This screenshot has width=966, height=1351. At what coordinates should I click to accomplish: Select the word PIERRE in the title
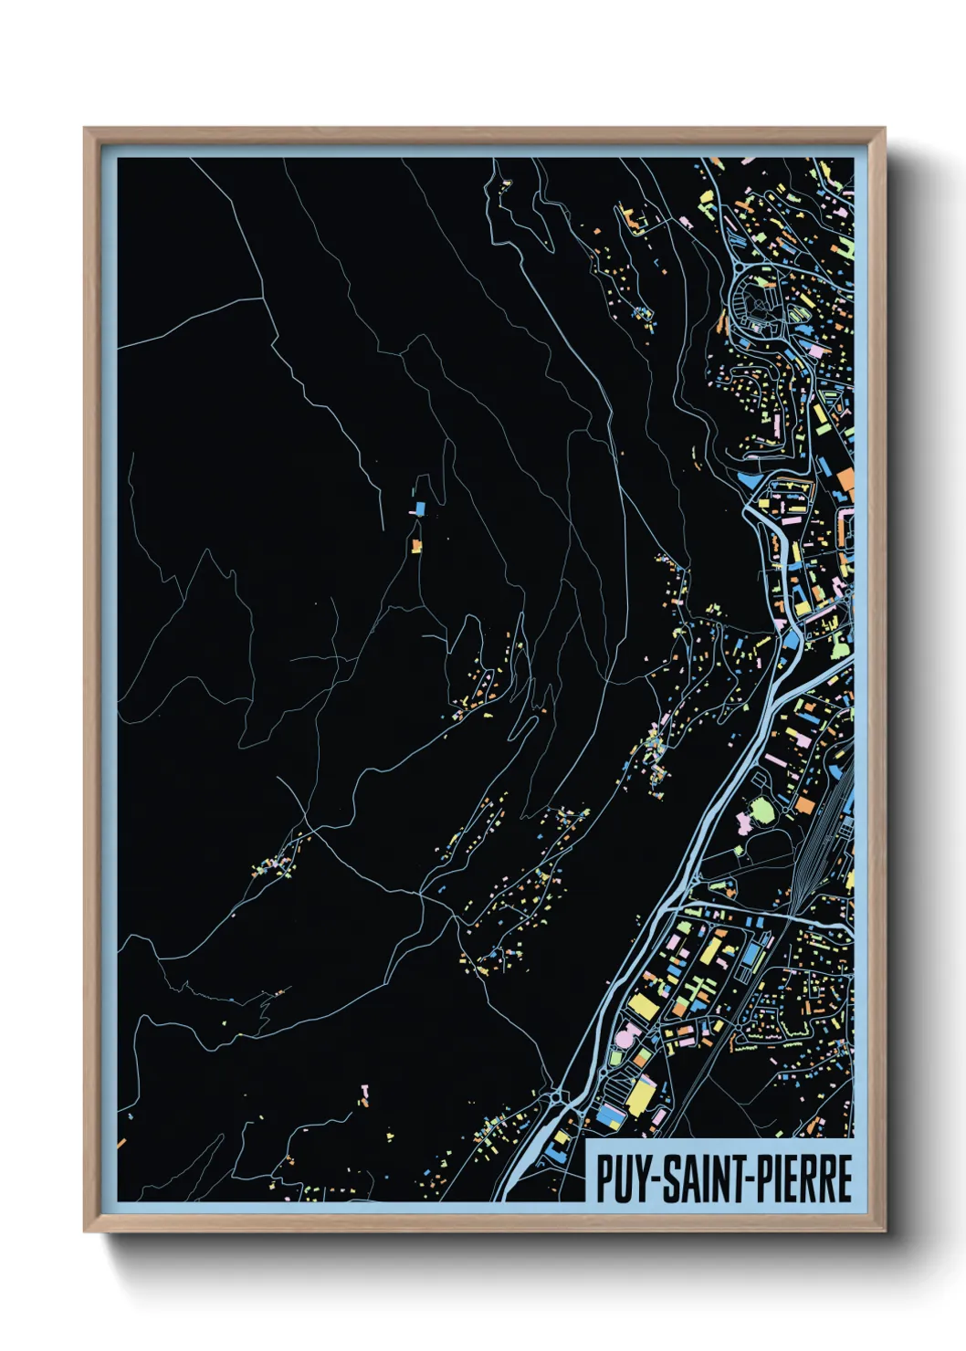coord(804,1178)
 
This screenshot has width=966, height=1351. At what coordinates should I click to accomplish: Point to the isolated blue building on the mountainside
coord(420,508)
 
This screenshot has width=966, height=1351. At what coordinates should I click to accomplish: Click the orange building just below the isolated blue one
coord(416,546)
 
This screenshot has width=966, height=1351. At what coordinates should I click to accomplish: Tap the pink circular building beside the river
coord(626,1038)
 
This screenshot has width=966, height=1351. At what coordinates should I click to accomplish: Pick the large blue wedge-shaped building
coord(747,479)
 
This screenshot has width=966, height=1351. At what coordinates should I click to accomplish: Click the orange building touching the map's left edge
coord(121,1142)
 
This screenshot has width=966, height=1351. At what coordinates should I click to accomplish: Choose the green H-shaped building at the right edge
coord(845,246)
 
